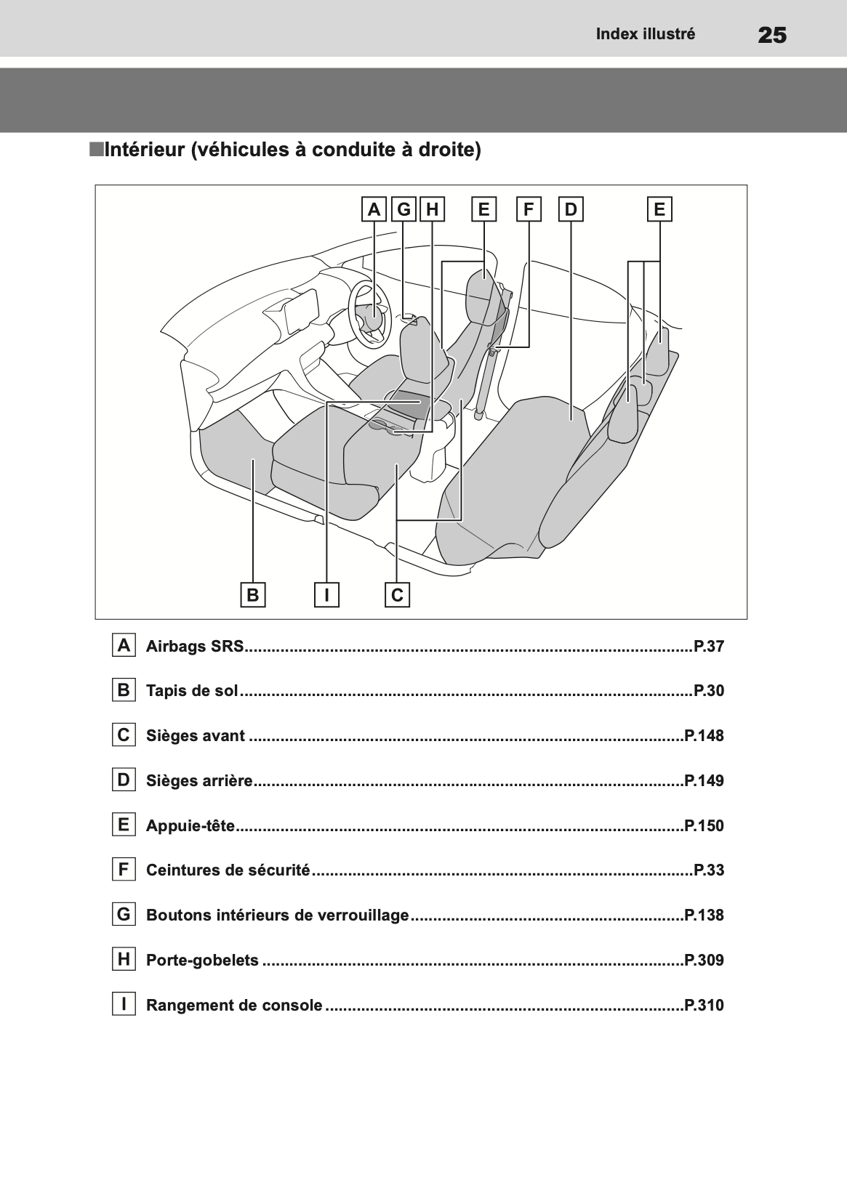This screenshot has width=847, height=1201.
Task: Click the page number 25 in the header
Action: tap(772, 36)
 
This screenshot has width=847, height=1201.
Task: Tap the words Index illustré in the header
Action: tap(646, 34)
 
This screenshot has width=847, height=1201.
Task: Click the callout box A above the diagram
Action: tap(374, 209)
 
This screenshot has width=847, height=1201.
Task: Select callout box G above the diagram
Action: tap(404, 209)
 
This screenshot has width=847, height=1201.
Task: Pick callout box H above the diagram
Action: tap(433, 209)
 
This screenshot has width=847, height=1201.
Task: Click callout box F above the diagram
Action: tap(529, 209)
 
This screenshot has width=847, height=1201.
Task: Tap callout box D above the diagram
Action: tap(571, 209)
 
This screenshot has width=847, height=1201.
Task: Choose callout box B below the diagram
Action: tap(253, 594)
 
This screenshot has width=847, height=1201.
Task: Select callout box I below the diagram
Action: tap(326, 594)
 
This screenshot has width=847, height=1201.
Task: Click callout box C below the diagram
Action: tap(398, 594)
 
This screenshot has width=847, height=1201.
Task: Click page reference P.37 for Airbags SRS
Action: tap(709, 646)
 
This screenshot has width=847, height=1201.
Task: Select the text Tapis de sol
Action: tap(192, 690)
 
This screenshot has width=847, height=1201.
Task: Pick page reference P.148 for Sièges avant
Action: tap(705, 735)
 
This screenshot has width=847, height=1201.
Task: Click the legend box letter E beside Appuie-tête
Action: tap(124, 824)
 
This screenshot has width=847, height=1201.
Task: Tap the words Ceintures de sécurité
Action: tap(228, 870)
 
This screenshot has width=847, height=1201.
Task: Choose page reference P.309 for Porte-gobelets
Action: tap(705, 960)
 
